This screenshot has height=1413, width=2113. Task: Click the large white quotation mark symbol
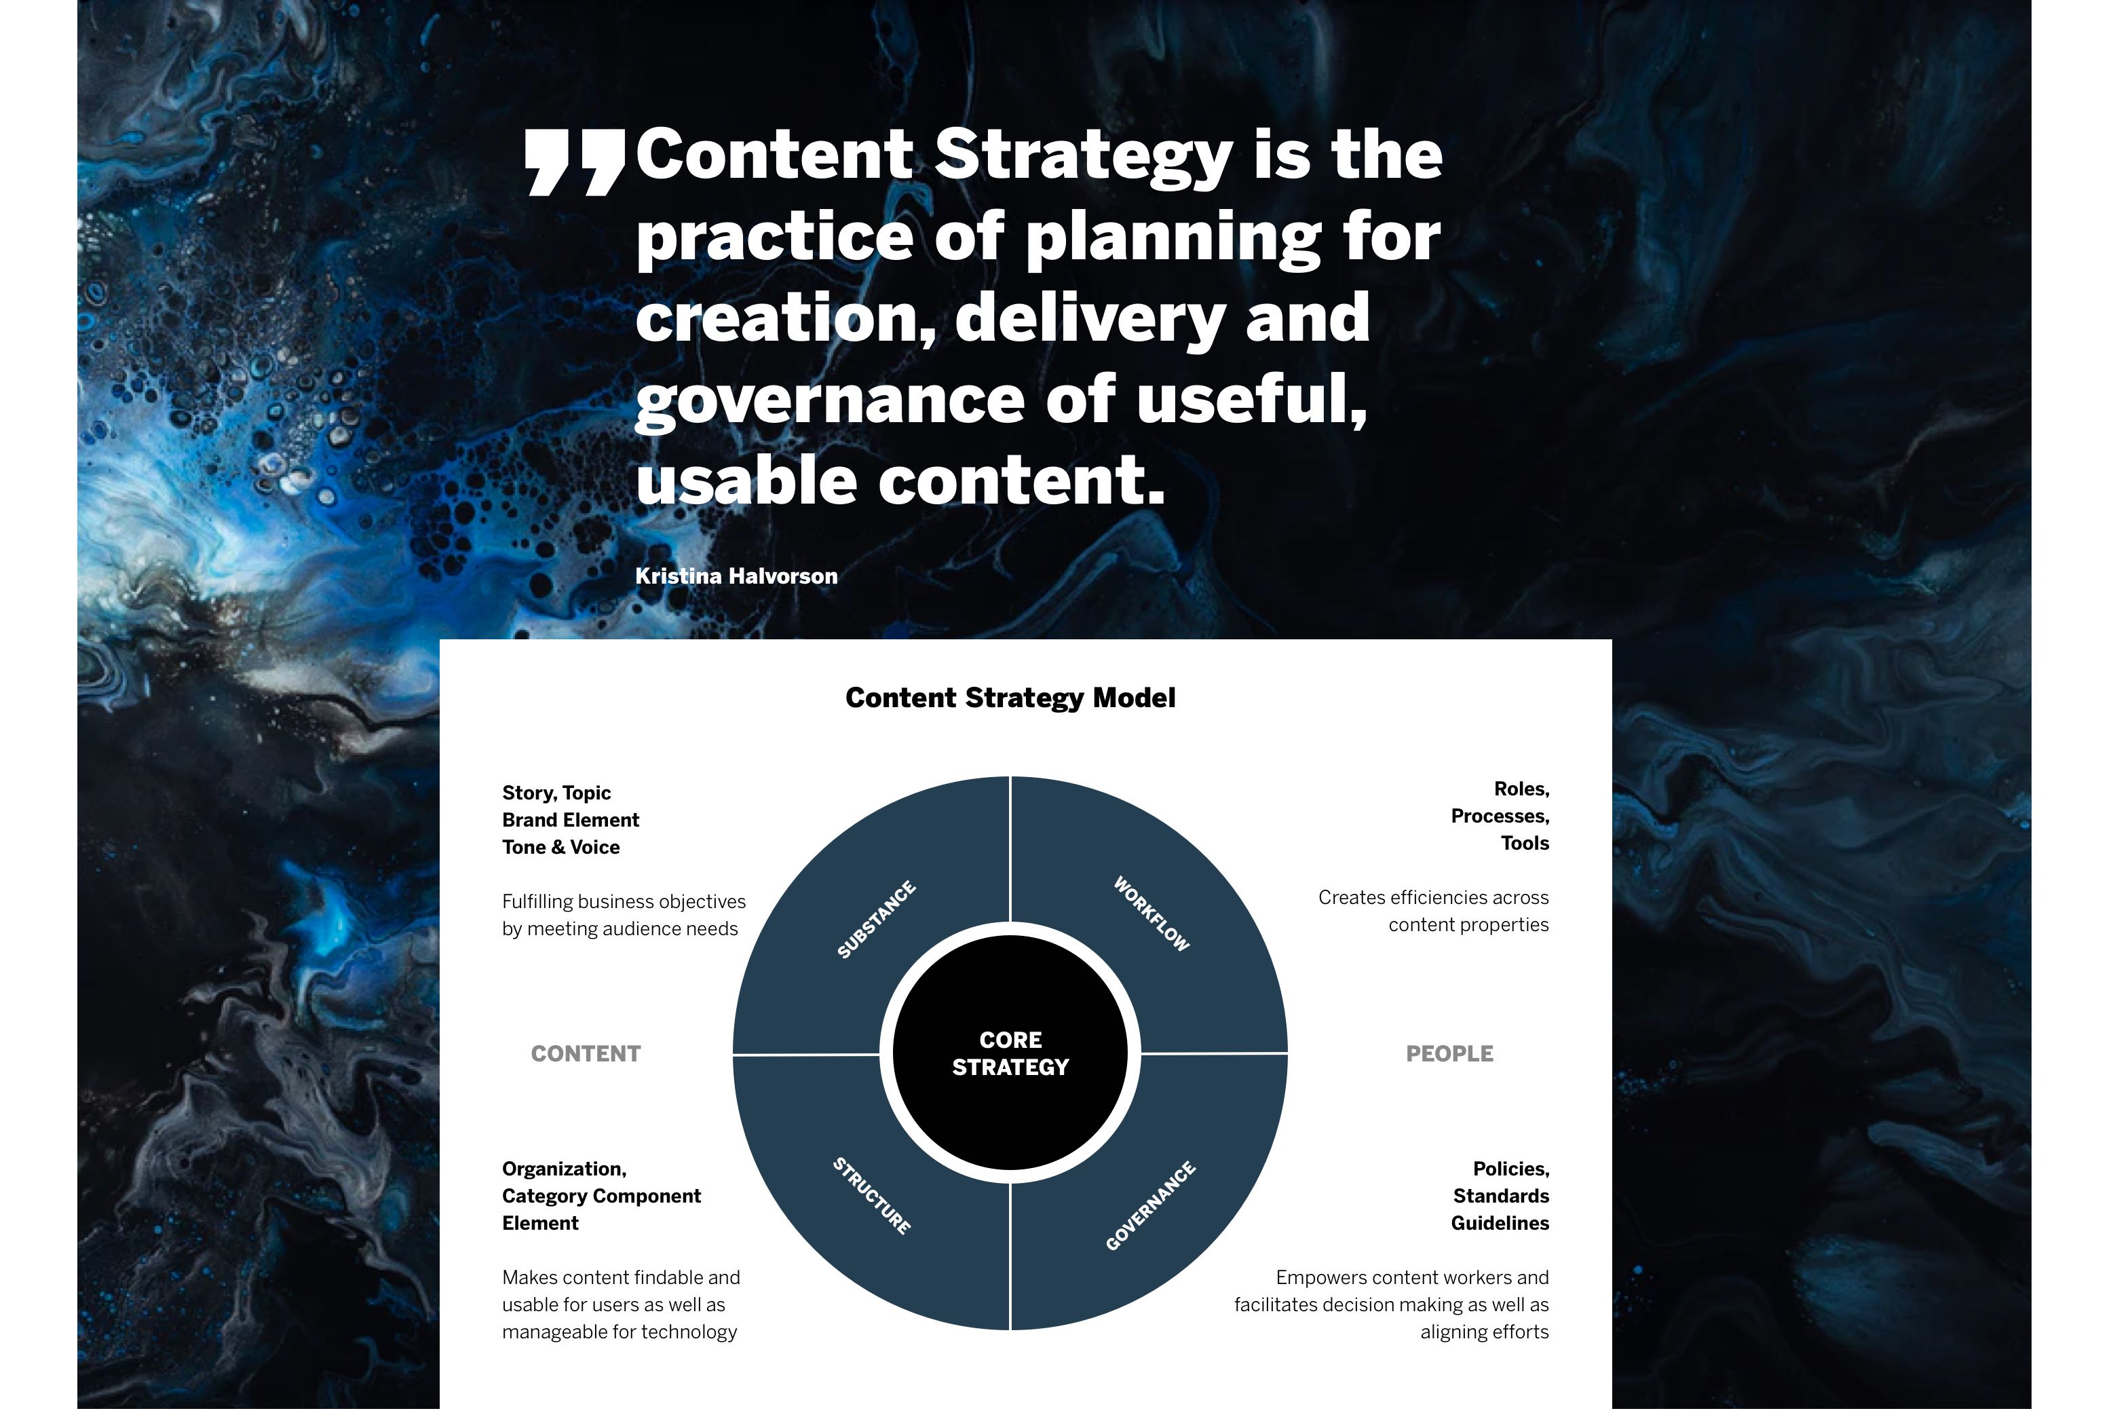pos(575,162)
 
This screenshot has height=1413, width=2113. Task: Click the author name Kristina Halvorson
pos(736,576)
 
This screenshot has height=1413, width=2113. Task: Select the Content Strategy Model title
pos(1010,698)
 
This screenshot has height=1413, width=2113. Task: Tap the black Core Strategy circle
pos(1010,1053)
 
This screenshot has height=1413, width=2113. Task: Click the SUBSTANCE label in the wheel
pos(876,919)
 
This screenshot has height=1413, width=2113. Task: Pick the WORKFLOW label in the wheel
pos(1151,913)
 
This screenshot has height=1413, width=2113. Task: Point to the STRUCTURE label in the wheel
pos(871,1196)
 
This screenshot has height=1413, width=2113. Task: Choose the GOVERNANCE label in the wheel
pos(1151,1207)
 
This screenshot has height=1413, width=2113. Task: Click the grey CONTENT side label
pos(586,1053)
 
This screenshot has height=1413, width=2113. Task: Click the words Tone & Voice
pos(560,847)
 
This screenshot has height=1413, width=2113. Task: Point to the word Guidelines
pos(1500,1223)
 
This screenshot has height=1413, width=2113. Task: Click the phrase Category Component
pos(601,1197)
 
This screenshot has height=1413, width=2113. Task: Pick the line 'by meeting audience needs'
pos(620,929)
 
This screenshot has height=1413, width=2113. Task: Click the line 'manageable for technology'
pos(619,1332)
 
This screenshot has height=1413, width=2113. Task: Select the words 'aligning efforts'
pos(1485,1332)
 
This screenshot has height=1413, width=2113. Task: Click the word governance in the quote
pos(830,401)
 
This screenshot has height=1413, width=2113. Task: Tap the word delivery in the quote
pos(1089,319)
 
